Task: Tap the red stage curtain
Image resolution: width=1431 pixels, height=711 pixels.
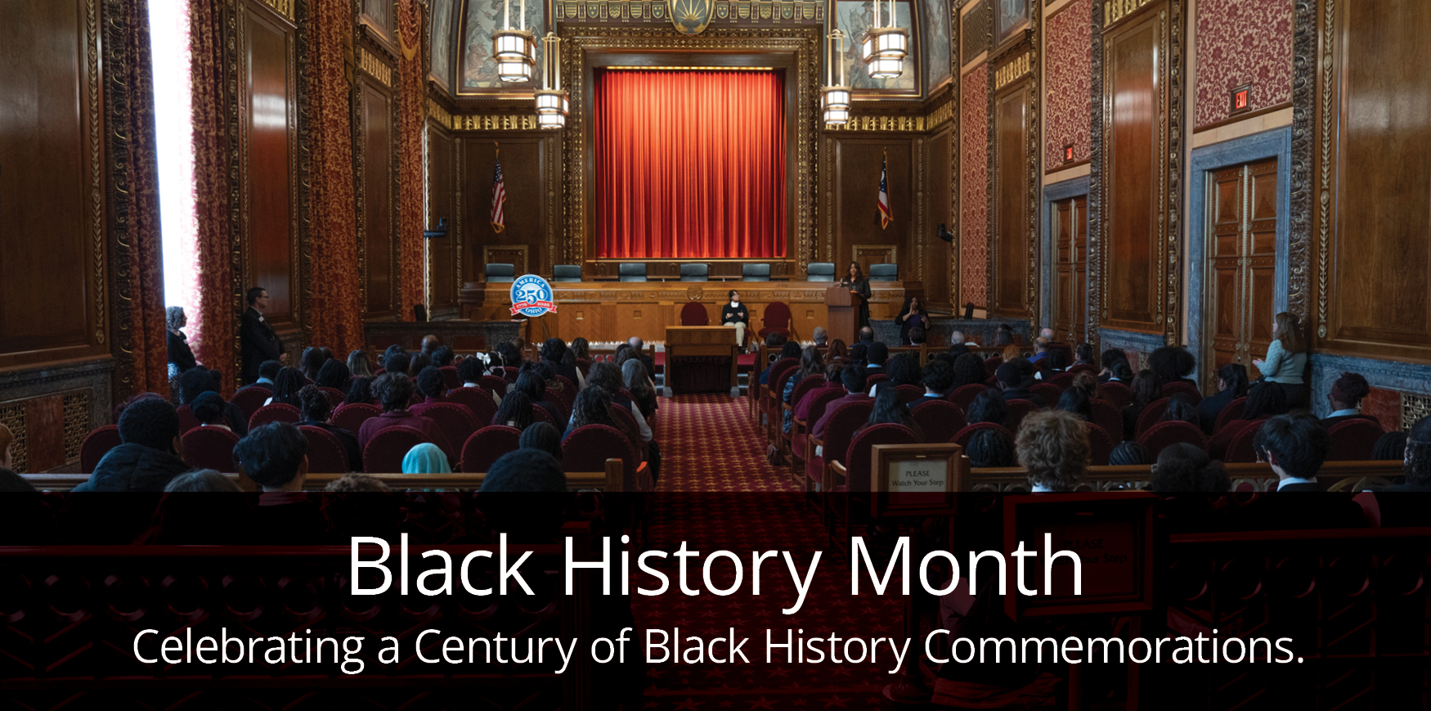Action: point(689,164)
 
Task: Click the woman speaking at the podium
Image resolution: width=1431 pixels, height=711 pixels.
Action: point(856,286)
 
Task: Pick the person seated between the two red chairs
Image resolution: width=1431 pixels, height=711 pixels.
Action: point(734,316)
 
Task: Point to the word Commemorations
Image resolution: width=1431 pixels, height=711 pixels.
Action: point(1113,647)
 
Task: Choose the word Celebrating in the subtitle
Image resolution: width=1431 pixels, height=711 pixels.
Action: point(249,647)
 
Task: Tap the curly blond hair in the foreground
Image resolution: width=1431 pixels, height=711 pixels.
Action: point(1052,448)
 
